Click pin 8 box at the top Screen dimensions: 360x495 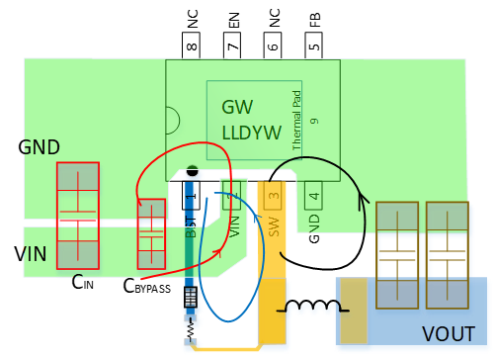tap(191, 43)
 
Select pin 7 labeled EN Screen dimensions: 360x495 tap(232, 43)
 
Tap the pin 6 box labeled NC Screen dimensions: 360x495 tap(273, 43)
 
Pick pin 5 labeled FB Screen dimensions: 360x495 tap(313, 43)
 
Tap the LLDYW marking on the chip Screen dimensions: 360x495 tap(251, 131)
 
